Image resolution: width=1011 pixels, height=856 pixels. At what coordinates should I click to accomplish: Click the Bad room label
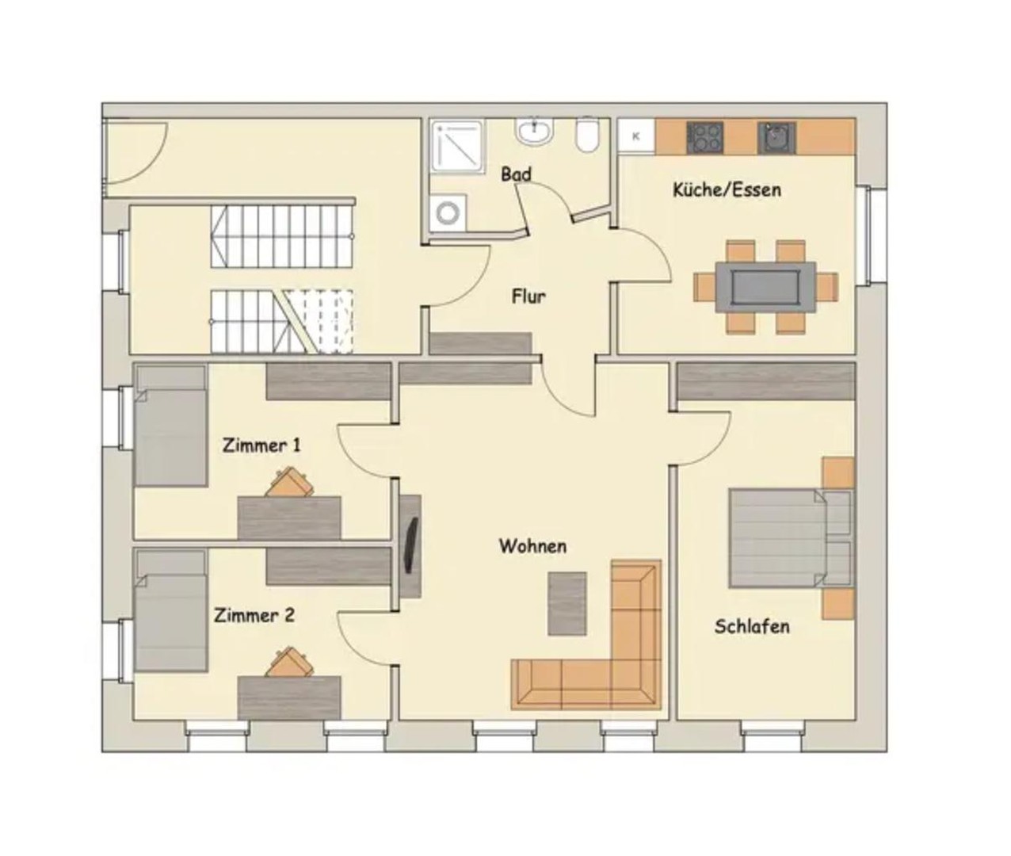tap(516, 174)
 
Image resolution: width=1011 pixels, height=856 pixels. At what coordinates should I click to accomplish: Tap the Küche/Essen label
tap(727, 190)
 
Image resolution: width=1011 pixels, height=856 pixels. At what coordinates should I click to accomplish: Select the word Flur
tap(528, 296)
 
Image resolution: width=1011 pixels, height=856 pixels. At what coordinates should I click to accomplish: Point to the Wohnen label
tap(532, 546)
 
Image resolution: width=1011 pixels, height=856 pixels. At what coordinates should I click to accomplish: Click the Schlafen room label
tap(752, 626)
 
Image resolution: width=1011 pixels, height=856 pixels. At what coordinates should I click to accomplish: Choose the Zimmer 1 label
tap(261, 445)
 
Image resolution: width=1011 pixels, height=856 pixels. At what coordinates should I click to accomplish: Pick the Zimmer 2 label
tap(254, 615)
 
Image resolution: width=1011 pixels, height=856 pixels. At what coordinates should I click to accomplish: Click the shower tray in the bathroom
tap(457, 147)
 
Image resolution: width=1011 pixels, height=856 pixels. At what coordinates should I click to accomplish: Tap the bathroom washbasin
tap(534, 131)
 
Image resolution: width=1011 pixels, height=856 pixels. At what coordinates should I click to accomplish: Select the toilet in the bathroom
tap(587, 134)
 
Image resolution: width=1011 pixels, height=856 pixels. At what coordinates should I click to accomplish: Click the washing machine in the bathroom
tap(448, 212)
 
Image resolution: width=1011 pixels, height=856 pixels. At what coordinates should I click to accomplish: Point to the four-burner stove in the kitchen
tap(705, 138)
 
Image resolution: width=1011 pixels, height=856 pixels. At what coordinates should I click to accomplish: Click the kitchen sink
tap(776, 138)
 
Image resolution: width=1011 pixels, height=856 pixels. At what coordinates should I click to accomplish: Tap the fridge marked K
tap(636, 136)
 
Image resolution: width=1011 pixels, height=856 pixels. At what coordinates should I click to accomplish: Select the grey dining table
tap(765, 287)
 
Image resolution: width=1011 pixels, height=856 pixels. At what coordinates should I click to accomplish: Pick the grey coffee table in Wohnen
tap(567, 603)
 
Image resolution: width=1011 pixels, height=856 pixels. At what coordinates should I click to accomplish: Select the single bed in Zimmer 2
tap(170, 610)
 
